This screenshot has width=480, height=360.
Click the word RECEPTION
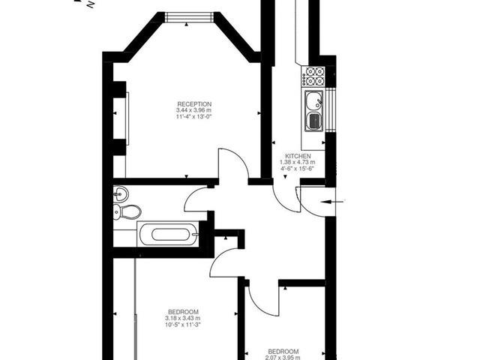[194, 103]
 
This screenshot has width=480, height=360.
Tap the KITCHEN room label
[297, 156]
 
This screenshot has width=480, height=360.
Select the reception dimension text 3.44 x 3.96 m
[194, 110]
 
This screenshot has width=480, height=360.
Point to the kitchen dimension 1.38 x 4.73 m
[297, 163]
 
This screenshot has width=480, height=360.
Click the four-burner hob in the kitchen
[314, 76]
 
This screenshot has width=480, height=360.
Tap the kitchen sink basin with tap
[313, 100]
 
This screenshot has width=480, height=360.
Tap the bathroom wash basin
[120, 194]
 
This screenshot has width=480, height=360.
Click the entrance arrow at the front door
[334, 200]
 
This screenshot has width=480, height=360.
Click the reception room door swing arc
[232, 163]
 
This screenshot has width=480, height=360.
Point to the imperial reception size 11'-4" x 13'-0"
[194, 117]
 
